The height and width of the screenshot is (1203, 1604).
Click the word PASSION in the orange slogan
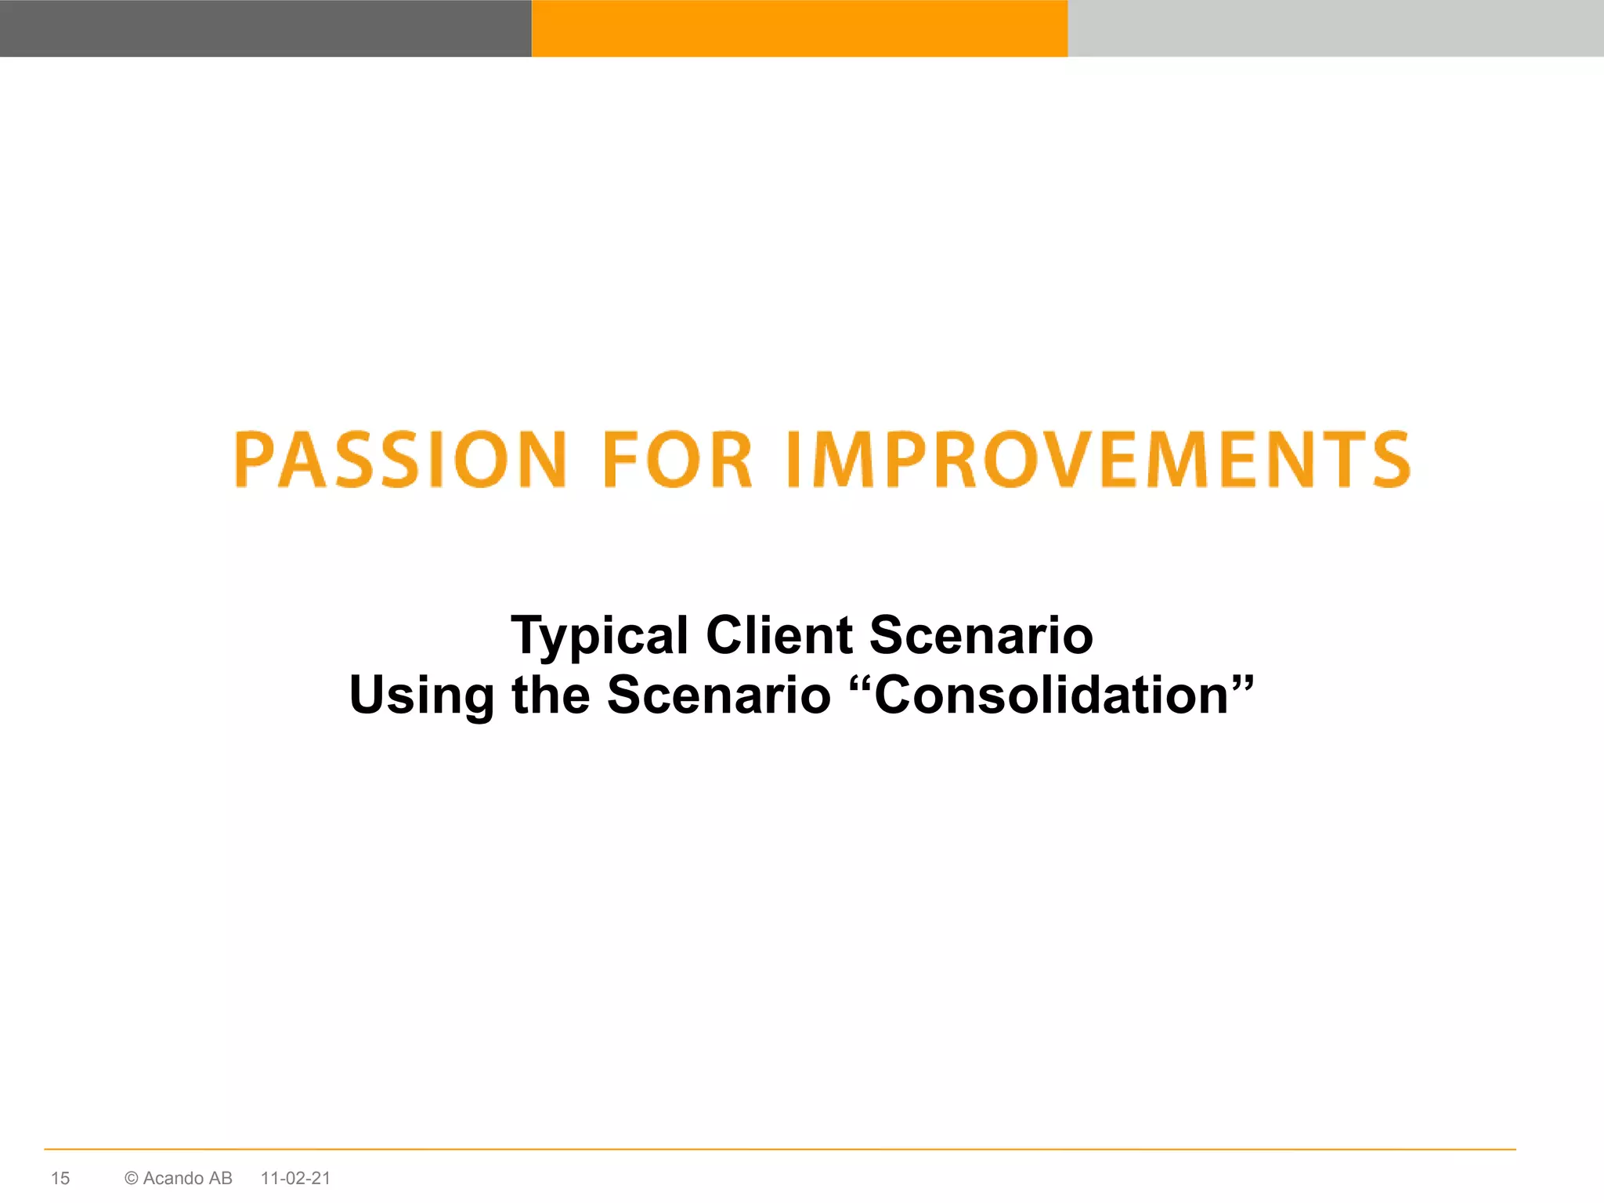(x=399, y=460)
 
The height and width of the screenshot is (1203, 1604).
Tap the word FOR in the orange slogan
(x=677, y=460)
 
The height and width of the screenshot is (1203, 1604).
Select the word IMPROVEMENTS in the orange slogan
(x=1098, y=460)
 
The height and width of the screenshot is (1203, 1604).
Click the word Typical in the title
(x=600, y=636)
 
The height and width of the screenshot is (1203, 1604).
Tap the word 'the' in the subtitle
(x=551, y=695)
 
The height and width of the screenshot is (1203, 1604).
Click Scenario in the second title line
(x=718, y=695)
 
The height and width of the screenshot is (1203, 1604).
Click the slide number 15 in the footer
(x=60, y=1178)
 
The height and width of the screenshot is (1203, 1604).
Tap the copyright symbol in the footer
(x=132, y=1178)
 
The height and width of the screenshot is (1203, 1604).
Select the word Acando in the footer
(x=173, y=1178)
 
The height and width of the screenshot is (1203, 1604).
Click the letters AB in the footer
(x=220, y=1178)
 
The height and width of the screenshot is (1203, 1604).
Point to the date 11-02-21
(x=295, y=1178)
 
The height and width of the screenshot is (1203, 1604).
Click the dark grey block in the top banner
(x=266, y=28)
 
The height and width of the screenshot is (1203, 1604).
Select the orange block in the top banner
(x=800, y=28)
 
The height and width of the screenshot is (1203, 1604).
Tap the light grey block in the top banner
(x=1335, y=28)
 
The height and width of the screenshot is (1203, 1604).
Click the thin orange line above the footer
(x=779, y=1149)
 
